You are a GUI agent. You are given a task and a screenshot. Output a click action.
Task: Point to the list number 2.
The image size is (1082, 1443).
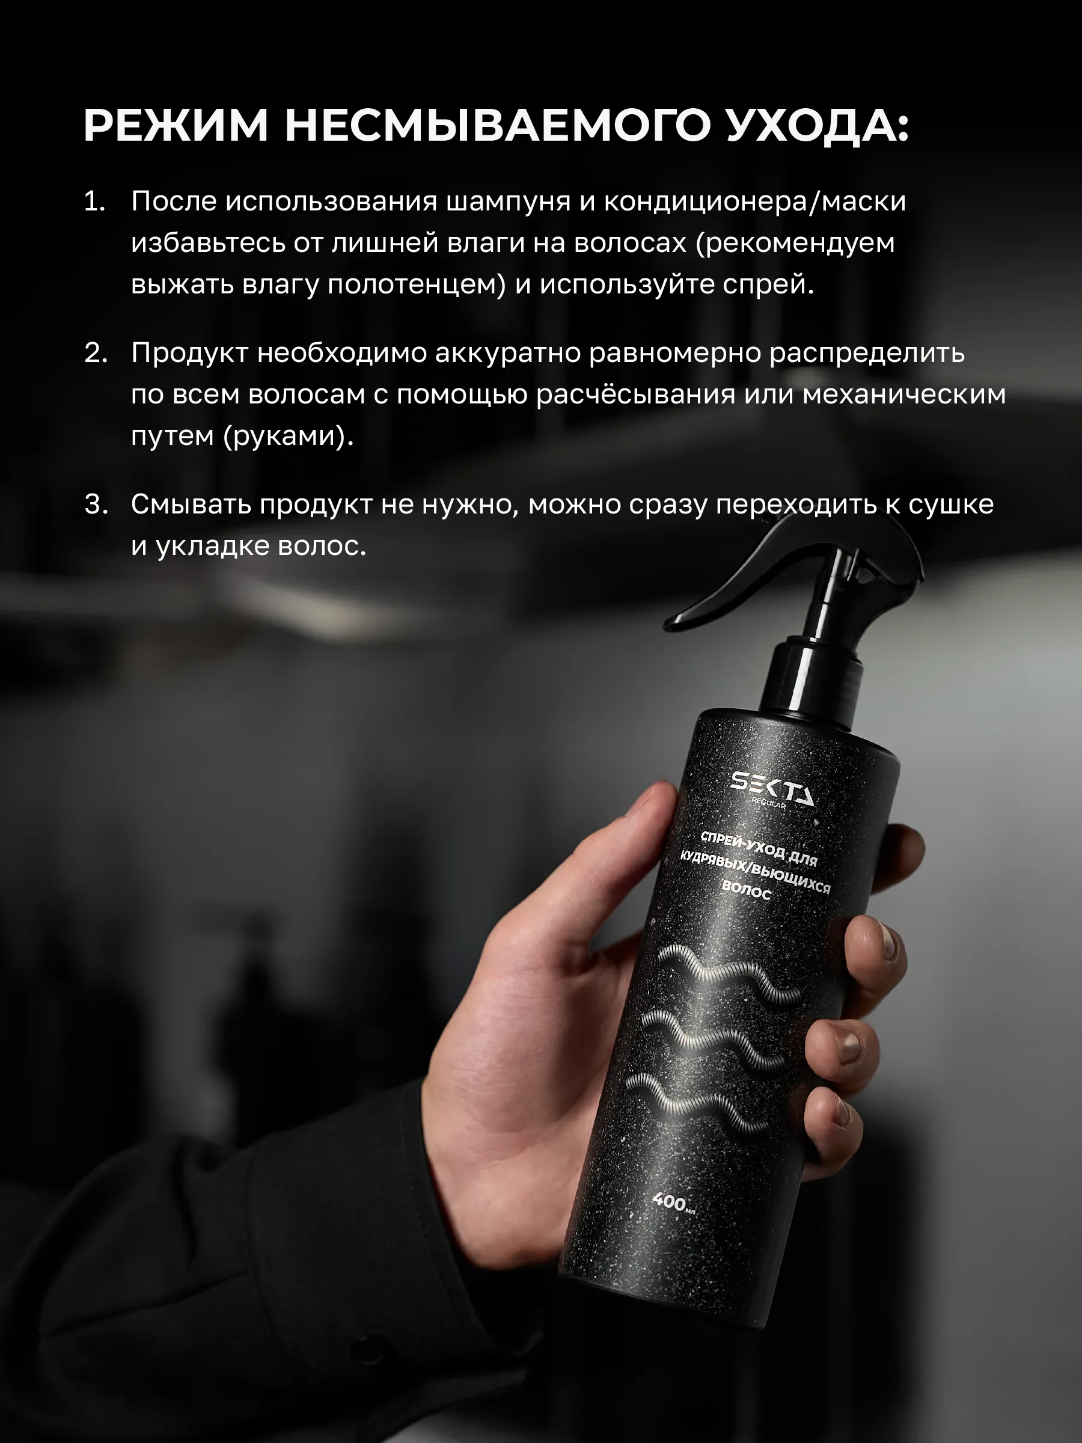pos(96,353)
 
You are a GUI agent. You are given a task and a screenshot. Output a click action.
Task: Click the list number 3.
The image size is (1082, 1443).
pos(96,504)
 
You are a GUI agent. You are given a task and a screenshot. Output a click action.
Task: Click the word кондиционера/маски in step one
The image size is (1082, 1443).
pos(755,203)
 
